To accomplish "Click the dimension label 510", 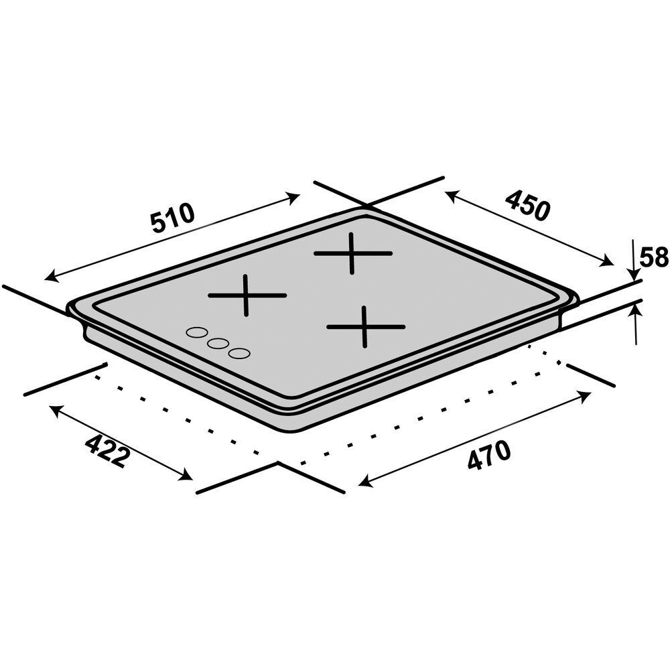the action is click(x=174, y=219).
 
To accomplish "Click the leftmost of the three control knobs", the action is click(x=196, y=333).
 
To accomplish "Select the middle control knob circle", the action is click(x=218, y=343).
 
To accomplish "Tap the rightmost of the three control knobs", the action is click(x=239, y=353).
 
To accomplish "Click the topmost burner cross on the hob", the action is click(x=352, y=253).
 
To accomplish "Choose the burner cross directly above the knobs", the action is click(x=247, y=295).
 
